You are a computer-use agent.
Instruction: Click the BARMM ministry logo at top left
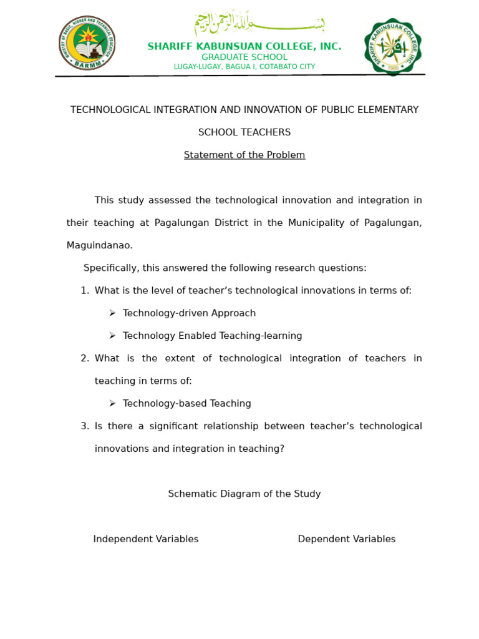pos(87,43)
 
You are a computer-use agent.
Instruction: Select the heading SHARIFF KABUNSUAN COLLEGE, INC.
pos(244,47)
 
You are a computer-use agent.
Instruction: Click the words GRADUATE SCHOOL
pos(244,57)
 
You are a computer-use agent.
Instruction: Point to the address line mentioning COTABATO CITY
pos(244,67)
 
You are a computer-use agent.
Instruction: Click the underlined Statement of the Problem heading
pos(244,155)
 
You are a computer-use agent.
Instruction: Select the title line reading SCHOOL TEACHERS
pos(244,132)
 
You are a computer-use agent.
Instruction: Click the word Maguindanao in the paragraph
pos(99,245)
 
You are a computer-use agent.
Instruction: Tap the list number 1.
pos(84,290)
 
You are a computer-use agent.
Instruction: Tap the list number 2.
pos(84,358)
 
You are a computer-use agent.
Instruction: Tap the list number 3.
pos(84,426)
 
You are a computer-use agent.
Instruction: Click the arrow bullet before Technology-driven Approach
pos(112,313)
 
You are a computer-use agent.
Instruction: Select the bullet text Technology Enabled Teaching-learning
pos(212,336)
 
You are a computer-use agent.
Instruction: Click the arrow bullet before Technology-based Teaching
pos(112,403)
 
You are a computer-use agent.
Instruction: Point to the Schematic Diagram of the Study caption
pos(244,494)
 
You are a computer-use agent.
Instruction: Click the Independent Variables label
pos(145,539)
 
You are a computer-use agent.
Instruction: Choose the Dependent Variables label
pos(346,539)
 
